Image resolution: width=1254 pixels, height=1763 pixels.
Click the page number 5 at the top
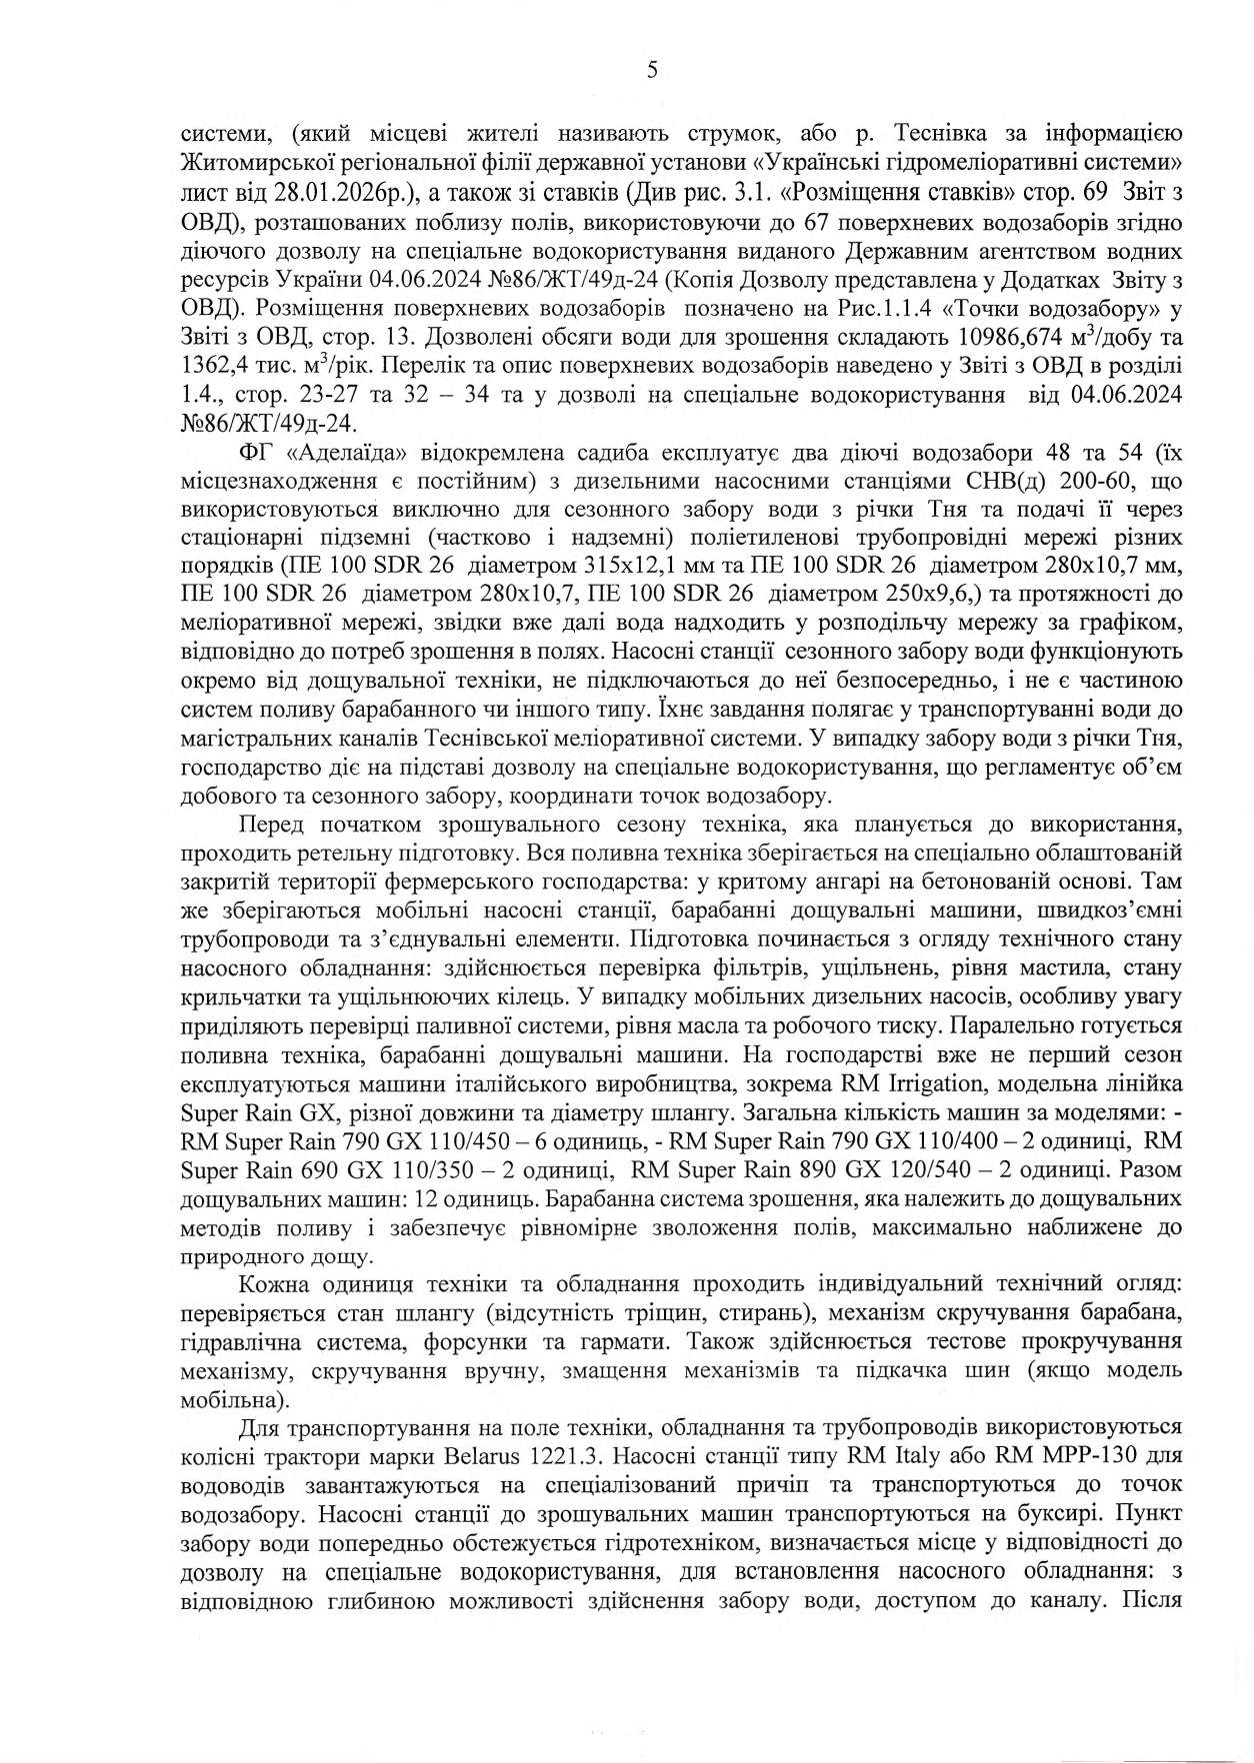(x=652, y=70)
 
